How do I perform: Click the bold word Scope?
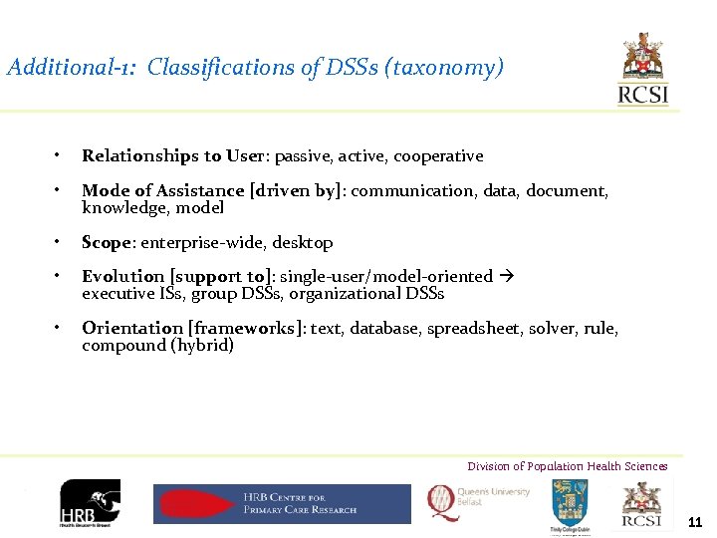pyautogui.click(x=108, y=242)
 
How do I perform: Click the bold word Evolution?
pyautogui.click(x=123, y=276)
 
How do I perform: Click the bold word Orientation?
pyautogui.click(x=133, y=328)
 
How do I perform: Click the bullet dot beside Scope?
pyautogui.click(x=59, y=242)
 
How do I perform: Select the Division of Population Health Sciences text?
pyautogui.click(x=568, y=466)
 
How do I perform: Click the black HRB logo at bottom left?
pyautogui.click(x=90, y=504)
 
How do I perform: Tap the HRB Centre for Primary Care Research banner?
pyautogui.click(x=282, y=503)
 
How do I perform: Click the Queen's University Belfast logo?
pyautogui.click(x=479, y=502)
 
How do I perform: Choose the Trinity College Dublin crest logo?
pyautogui.click(x=571, y=504)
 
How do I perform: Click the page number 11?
pyautogui.click(x=695, y=522)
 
